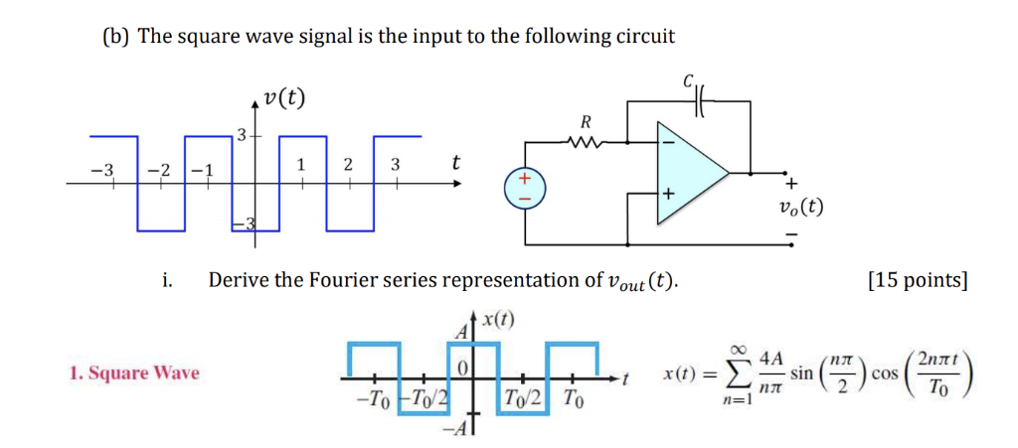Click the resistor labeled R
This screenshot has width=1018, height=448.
[586, 141]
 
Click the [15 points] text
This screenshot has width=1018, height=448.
[917, 280]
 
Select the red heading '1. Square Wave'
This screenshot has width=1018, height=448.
[134, 373]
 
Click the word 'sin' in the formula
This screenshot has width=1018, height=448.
[803, 378]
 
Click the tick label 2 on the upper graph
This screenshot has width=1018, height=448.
[347, 166]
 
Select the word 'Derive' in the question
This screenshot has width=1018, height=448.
[240, 280]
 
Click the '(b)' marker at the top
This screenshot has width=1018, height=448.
[116, 37]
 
